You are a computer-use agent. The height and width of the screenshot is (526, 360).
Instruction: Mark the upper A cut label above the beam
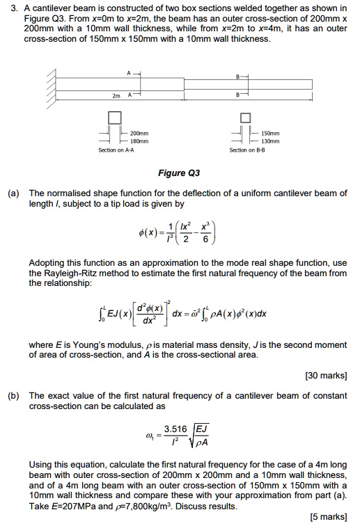[x=129, y=72]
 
